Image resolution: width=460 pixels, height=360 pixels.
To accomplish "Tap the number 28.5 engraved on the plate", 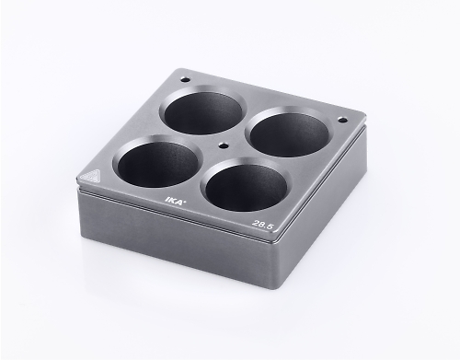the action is [262, 225].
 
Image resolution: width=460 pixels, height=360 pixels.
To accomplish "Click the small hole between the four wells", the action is [224, 145].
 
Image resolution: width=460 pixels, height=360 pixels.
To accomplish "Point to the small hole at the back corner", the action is [185, 79].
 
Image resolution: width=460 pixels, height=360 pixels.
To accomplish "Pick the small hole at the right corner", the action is [342, 121].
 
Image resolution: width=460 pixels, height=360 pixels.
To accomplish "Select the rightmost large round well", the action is [289, 132].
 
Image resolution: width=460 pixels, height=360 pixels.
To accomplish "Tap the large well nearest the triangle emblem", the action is [157, 160].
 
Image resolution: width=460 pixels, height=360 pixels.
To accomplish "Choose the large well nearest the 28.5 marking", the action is [247, 184].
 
